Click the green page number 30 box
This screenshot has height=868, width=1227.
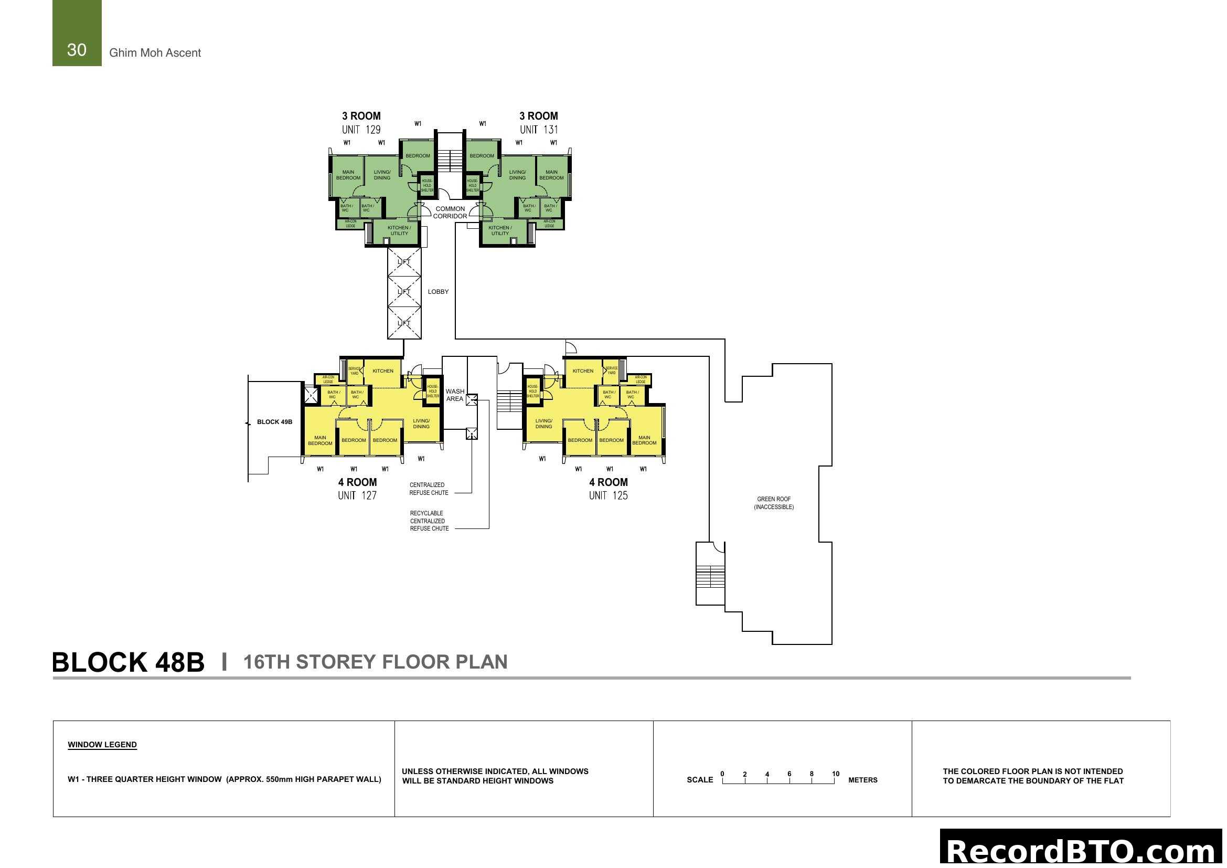coord(77,33)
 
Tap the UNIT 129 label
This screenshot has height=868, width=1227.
coord(361,129)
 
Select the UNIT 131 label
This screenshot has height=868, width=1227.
coord(539,129)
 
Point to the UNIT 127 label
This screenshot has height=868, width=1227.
coord(357,495)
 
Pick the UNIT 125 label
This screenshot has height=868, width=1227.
coord(608,495)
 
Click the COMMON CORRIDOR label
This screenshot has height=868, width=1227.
coord(450,213)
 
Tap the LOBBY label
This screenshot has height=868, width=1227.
coord(438,292)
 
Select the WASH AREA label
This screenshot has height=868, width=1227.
coord(455,395)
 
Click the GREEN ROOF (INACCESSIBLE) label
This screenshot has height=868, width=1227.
coord(774,503)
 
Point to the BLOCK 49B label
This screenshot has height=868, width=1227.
coord(275,422)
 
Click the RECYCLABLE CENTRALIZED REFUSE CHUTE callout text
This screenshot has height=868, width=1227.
coord(429,521)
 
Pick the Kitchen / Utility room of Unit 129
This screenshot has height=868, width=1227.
coord(399,231)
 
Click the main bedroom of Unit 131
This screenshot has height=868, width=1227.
coord(551,175)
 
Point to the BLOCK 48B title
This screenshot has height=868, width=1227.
coord(128,662)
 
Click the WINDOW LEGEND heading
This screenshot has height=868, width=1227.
coord(102,745)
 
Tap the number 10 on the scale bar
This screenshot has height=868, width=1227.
coord(835,774)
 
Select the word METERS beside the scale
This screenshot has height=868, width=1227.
coord(862,780)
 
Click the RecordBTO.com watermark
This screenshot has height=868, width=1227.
coord(1082,850)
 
